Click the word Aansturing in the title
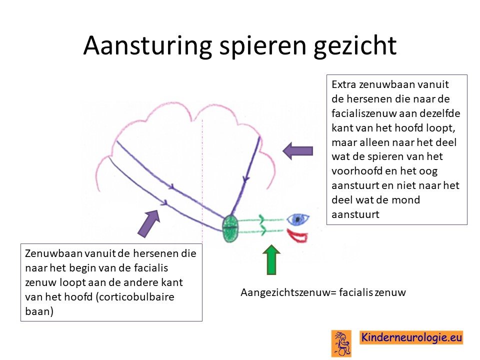148,45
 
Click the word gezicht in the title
355,46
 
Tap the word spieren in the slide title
263,46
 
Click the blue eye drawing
298,218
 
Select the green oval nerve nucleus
231,228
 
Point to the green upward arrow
271,259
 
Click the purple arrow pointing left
297,151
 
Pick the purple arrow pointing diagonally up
149,223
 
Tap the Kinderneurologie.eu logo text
411,337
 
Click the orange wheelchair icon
341,343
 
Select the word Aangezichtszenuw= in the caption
288,292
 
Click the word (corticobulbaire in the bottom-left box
135,297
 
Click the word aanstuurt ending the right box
355,214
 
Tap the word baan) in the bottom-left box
39,311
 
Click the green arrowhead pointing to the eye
262,219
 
